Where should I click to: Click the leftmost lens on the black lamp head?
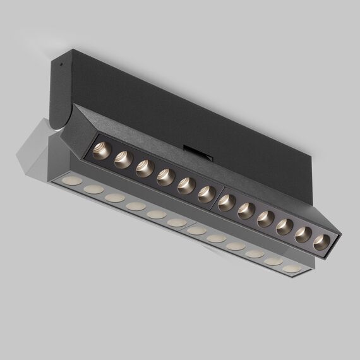click(102, 151)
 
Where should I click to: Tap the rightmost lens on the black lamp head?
click(321, 241)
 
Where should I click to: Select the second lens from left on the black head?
click(123, 160)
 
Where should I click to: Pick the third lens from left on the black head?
click(145, 169)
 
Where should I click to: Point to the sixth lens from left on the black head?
click(206, 195)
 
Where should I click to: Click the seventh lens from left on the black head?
click(227, 203)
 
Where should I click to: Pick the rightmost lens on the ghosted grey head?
click(291, 268)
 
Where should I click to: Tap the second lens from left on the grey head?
click(93, 189)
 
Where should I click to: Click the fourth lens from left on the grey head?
click(135, 207)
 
